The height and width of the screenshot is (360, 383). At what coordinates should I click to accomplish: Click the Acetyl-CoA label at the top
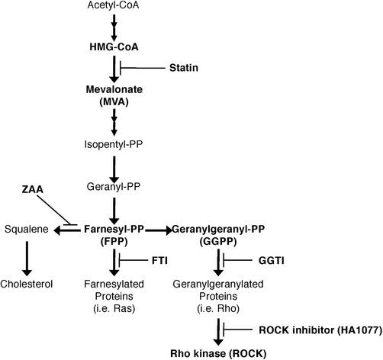point(114,8)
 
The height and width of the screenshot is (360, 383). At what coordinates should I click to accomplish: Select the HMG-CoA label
point(114,46)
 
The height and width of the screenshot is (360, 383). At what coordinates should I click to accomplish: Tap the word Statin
point(183,68)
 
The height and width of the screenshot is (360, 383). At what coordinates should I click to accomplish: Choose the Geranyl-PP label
point(114,185)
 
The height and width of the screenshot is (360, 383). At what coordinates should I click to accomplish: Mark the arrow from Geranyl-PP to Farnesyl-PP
point(114,207)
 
